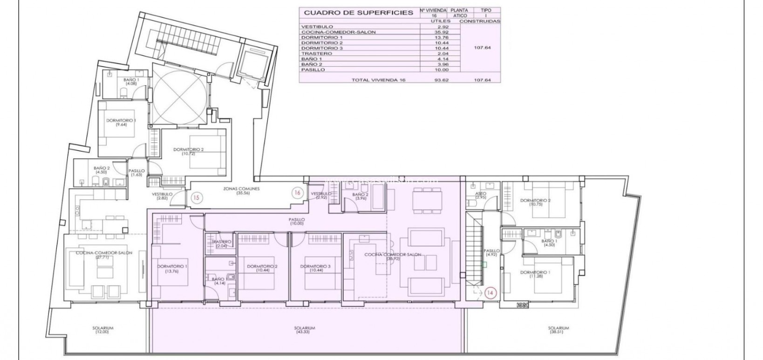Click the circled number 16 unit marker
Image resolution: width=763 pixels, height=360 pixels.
click(296, 192)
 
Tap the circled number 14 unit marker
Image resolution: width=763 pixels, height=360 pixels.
click(490, 293)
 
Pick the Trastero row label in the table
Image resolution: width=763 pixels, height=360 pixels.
click(317, 54)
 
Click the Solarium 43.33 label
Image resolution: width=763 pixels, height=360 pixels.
click(305, 330)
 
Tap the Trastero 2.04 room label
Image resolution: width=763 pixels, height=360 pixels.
click(221, 244)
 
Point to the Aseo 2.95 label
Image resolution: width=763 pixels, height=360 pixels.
click(481, 195)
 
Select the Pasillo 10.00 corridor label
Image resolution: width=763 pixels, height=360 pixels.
click(296, 221)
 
